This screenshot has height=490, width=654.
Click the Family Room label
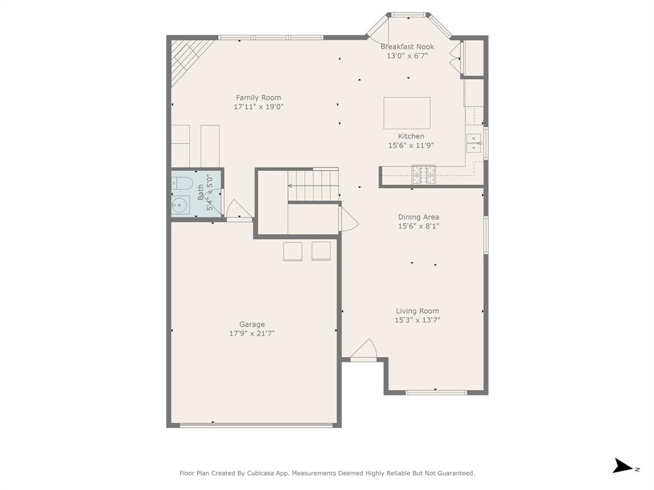pos(258,98)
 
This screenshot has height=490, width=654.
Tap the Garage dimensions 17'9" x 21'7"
pos(252,333)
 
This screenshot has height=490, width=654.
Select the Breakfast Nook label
pos(407,47)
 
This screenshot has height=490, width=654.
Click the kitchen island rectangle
pos(407,113)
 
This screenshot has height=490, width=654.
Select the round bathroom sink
pos(179,205)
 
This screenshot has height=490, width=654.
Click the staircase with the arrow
pos(312,186)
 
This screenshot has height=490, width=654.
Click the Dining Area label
pos(418,217)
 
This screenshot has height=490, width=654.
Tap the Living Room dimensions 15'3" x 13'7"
pos(417,320)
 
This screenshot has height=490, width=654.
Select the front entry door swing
pos(364,349)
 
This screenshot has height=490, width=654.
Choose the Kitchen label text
pos(411,136)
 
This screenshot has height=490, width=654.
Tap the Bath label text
pos(201,192)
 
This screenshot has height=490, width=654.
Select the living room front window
pos(436,392)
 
